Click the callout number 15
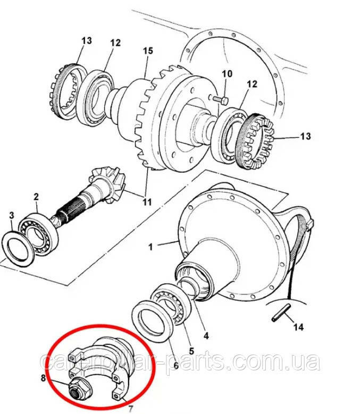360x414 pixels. pos(148,50)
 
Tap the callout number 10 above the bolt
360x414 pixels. pos(227,74)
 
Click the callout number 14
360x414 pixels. pos(298,327)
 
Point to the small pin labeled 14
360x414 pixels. pos(281,312)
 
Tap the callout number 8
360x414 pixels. pos(43,378)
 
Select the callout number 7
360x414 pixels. pos(131,409)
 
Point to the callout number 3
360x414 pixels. pos(11,215)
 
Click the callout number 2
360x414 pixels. pos(36,197)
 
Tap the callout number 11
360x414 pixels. pos(147,202)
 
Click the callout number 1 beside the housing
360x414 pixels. pos(150,247)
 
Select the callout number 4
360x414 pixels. pos(206,336)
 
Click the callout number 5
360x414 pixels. pos(191,351)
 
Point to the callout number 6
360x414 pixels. pos(176,366)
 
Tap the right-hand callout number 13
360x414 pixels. pos(305,137)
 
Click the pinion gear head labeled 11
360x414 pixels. pos(108,183)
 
